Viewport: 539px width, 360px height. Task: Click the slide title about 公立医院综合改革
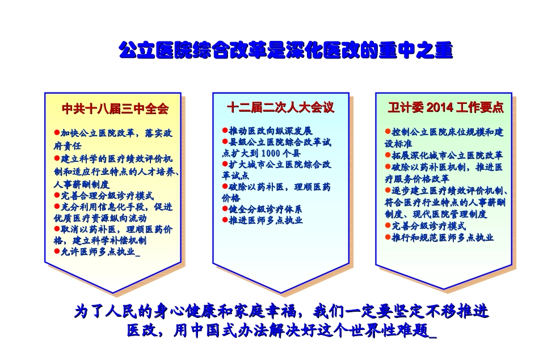pyautogui.click(x=285, y=51)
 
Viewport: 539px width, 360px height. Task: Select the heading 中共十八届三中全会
pyautogui.click(x=115, y=108)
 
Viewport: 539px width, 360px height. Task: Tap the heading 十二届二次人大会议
pyautogui.click(x=280, y=107)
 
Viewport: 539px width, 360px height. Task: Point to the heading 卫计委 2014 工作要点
pyautogui.click(x=445, y=108)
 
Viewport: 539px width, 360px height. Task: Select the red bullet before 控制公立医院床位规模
pyautogui.click(x=388, y=132)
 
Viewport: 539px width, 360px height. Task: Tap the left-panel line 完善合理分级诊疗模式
pyautogui.click(x=99, y=196)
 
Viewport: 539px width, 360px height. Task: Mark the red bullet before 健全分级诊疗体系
pyautogui.click(x=225, y=209)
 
